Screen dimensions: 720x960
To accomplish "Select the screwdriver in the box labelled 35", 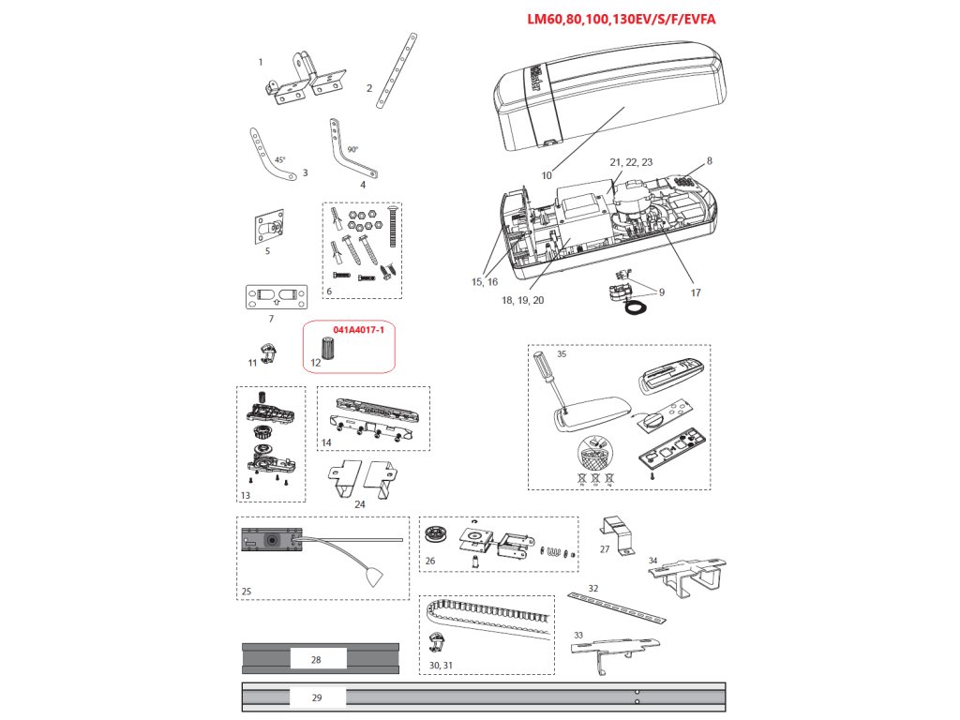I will click(x=547, y=381).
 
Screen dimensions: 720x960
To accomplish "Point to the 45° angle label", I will click(x=280, y=160).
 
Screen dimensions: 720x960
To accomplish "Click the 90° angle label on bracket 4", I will click(x=352, y=149).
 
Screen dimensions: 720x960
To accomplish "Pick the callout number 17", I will click(x=696, y=292).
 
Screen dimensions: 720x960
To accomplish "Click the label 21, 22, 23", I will click(x=631, y=162).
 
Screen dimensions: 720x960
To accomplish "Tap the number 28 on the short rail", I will click(x=316, y=660).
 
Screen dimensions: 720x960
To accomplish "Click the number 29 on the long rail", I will click(x=316, y=697).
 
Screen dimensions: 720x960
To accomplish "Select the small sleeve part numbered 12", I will click(x=327, y=347).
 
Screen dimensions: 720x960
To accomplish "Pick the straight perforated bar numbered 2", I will click(x=397, y=70).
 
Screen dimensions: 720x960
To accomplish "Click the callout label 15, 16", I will click(x=485, y=281).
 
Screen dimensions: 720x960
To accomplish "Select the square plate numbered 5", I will click(x=270, y=228).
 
